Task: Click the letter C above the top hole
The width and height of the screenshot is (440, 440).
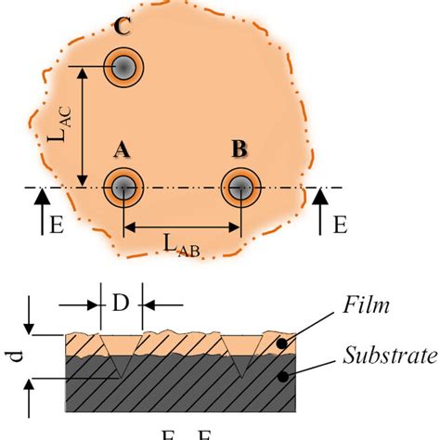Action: click(121, 28)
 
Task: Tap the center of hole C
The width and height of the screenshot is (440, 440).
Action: click(123, 67)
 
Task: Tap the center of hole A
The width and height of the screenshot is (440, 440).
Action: click(123, 188)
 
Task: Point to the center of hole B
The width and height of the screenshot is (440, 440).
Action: click(240, 188)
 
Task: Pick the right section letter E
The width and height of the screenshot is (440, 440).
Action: click(340, 225)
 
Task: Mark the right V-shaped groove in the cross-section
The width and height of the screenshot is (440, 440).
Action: click(240, 357)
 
